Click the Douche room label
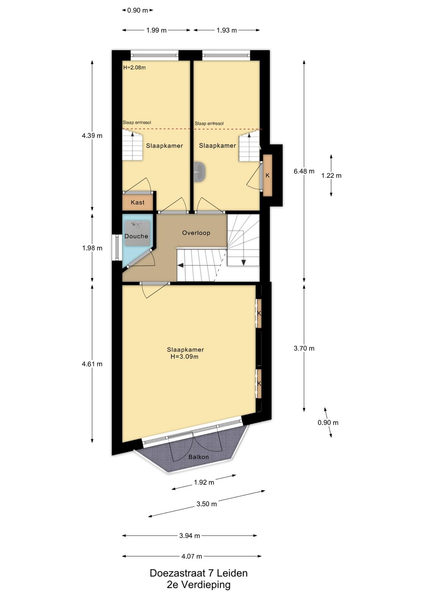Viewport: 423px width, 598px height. pos(136,236)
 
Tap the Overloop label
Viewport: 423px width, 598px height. pos(196,233)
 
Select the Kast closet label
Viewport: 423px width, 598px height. pos(137,202)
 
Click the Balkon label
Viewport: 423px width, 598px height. pos(199,457)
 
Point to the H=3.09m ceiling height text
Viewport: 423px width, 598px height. pos(184,357)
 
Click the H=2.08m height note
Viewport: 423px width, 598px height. pos(134,67)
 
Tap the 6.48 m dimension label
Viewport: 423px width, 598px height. pos(304,171)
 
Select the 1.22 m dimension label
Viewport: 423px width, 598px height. pos(331,176)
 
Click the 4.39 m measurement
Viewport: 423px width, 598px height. pos(92,136)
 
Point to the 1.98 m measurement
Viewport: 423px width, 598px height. pos(92,248)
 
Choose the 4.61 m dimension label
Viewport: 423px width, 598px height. pos(92,364)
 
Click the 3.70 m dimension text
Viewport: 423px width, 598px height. pos(304,348)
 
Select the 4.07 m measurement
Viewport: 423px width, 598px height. pos(192,556)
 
